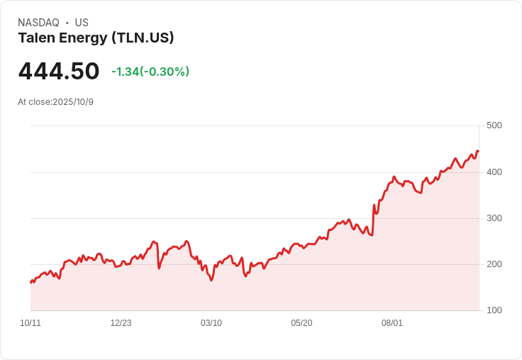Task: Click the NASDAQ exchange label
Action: pyautogui.click(x=38, y=23)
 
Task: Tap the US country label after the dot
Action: pyautogui.click(x=82, y=23)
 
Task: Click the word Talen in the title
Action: pyautogui.click(x=37, y=38)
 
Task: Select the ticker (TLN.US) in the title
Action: pyautogui.click(x=143, y=38)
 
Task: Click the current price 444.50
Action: pyautogui.click(x=59, y=71)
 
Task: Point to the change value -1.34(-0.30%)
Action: pyautogui.click(x=150, y=72)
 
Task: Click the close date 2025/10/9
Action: pyautogui.click(x=73, y=102)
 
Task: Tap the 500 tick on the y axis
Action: pyautogui.click(x=494, y=125)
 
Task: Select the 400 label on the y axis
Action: pyautogui.click(x=494, y=172)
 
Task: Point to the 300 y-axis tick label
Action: pyautogui.click(x=494, y=218)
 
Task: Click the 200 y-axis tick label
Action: pyautogui.click(x=494, y=264)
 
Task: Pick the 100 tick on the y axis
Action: pyautogui.click(x=494, y=310)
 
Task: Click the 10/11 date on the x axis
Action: pyautogui.click(x=30, y=323)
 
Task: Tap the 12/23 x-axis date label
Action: pyautogui.click(x=121, y=323)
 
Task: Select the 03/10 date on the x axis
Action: pyautogui.click(x=211, y=323)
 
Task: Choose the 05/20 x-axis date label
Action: pyautogui.click(x=301, y=323)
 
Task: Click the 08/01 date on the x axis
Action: pyautogui.click(x=391, y=323)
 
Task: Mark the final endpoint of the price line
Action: pyautogui.click(x=479, y=152)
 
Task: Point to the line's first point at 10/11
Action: pyautogui.click(x=31, y=283)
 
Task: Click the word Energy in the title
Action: pyautogui.click(x=83, y=38)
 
